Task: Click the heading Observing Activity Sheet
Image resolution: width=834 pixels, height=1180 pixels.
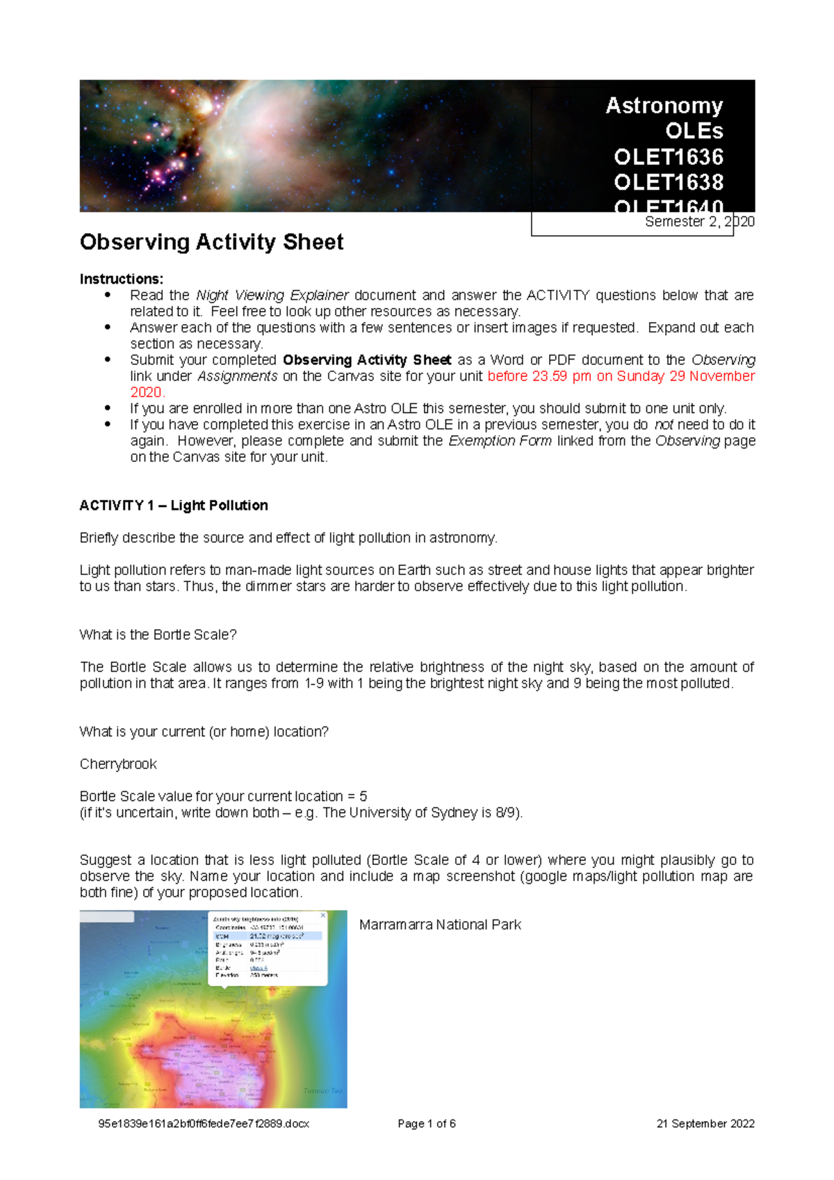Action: (211, 242)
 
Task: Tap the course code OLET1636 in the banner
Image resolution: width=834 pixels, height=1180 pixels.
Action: (668, 157)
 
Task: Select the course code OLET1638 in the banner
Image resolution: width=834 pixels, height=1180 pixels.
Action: (668, 182)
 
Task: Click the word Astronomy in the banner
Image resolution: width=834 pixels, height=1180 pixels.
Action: (664, 106)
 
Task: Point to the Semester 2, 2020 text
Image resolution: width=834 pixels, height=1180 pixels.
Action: (698, 222)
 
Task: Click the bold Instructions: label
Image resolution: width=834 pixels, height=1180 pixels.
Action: (122, 279)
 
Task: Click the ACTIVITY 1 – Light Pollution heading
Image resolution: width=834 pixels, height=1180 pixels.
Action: (174, 506)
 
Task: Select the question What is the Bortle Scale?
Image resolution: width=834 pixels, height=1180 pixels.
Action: (158, 635)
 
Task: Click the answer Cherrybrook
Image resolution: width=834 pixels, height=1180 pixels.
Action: (118, 764)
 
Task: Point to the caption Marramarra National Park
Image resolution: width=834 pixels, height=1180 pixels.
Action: (440, 925)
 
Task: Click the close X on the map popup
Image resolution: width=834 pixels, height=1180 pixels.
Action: (322, 916)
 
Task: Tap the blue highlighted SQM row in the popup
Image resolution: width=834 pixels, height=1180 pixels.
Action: (268, 937)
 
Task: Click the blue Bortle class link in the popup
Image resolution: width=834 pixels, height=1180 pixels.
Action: (258, 968)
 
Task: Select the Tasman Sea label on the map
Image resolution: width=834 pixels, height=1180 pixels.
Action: (322, 1091)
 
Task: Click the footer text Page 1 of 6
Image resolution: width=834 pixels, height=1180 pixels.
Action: (426, 1124)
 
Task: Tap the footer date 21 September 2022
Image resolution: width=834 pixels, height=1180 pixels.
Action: (705, 1124)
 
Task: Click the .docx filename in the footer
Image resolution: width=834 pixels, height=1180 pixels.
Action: (204, 1124)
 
